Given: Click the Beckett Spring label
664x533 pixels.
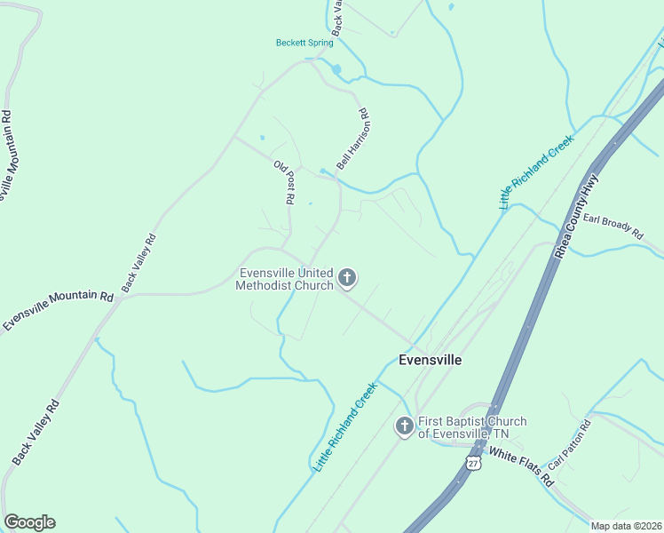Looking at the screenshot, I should coord(304,43).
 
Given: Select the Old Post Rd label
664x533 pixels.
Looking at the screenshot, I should coord(284,183).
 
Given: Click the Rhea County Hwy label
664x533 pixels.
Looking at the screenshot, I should coord(577,217).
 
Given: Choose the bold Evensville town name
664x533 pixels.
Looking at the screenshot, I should coord(430,360).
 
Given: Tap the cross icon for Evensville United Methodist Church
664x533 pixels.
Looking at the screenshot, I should coord(347,279).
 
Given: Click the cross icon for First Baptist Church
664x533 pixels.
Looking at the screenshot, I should coord(404,427).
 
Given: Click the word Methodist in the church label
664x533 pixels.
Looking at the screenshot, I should coord(265,285).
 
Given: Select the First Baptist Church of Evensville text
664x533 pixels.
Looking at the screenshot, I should coord(472,427).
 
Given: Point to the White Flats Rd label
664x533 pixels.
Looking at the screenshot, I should coord(523,468).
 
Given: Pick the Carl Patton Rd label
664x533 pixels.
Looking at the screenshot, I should coord(569,445).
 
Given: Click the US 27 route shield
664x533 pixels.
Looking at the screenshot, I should coord(474,465).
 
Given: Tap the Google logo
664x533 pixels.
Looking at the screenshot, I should coord(29,522).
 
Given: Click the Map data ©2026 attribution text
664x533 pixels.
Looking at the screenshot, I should coord(626,526).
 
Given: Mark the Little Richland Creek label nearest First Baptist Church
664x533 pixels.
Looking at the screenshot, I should coord(345,426).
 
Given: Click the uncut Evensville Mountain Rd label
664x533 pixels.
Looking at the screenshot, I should coord(59,311).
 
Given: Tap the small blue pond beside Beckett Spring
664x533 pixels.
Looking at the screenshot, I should coord(336,69).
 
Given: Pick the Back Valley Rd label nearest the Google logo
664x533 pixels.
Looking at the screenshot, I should coord(36,432).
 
